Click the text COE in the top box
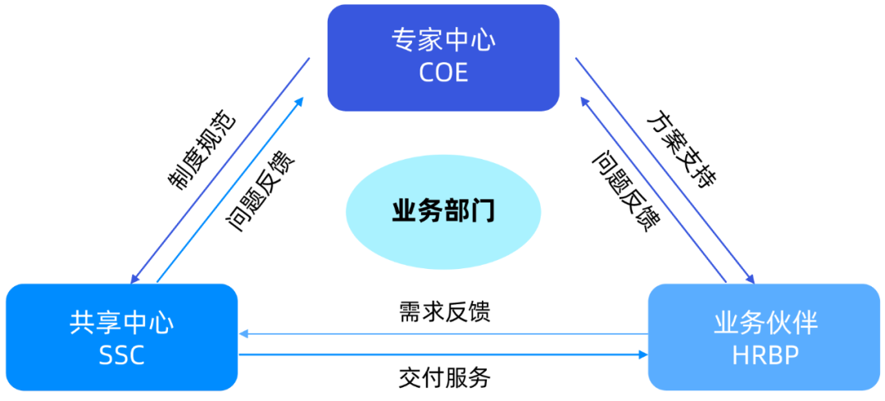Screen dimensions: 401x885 tap(443, 72)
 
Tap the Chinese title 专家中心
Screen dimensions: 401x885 tap(443, 40)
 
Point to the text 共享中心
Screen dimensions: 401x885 tap(122, 321)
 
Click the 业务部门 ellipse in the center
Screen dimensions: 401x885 tap(443, 211)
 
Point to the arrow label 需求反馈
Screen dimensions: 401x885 tap(444, 312)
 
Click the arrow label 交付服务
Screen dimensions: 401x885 tap(444, 377)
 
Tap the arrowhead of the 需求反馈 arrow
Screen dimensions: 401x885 tap(243, 334)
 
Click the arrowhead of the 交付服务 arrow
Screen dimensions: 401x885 tap(642, 354)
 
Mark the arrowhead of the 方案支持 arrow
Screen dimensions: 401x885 tap(749, 279)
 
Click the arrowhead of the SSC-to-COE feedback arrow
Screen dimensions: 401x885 tap(300, 101)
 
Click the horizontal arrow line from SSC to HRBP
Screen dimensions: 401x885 tap(442, 354)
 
